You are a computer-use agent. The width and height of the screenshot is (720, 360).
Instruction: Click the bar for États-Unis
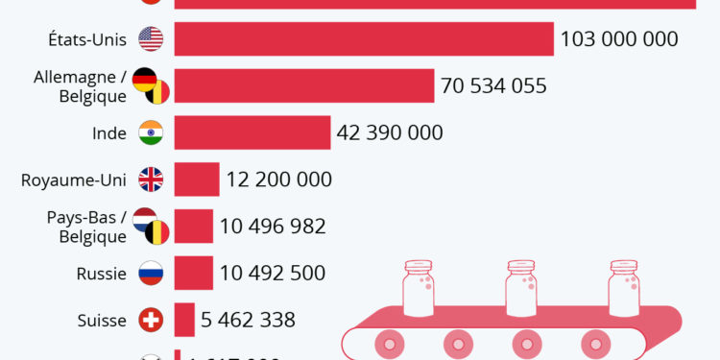(x=364, y=39)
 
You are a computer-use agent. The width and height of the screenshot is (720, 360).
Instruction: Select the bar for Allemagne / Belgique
(x=304, y=85)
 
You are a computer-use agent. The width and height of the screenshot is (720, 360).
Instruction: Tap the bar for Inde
(x=252, y=132)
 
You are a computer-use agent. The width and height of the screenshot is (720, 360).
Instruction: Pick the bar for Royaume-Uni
(x=197, y=180)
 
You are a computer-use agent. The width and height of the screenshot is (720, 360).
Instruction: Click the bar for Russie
(x=193, y=273)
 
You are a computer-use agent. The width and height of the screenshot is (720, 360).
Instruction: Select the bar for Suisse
(x=183, y=319)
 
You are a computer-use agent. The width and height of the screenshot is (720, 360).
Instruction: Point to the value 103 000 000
(x=619, y=39)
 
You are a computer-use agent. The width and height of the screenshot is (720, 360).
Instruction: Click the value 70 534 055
(x=493, y=85)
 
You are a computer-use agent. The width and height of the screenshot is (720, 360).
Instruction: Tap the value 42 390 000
(x=390, y=132)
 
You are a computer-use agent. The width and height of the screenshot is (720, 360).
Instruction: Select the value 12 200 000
(x=279, y=180)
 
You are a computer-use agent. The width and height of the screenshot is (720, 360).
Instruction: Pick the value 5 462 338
(x=248, y=319)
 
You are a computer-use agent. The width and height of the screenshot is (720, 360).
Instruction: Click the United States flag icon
(x=151, y=39)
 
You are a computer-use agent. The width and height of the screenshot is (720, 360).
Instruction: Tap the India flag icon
(x=151, y=132)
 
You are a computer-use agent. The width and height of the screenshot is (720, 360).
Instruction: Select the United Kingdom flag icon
(x=151, y=180)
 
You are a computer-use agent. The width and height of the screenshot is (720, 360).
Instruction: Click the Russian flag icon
(x=151, y=273)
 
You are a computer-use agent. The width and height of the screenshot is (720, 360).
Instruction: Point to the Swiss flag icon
(x=151, y=319)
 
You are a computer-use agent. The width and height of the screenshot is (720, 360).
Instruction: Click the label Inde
(x=108, y=132)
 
